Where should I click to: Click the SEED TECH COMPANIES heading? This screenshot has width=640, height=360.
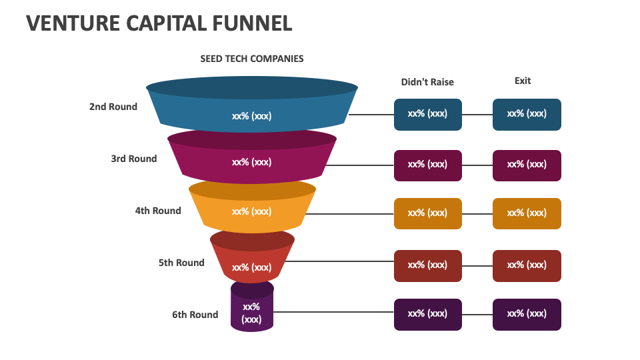(252, 59)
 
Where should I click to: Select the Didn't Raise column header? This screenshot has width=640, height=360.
(427, 82)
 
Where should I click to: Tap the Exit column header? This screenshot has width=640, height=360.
(523, 81)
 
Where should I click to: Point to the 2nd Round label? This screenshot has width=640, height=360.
(113, 107)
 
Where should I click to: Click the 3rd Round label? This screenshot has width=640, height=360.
(134, 159)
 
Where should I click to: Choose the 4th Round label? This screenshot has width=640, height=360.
(158, 211)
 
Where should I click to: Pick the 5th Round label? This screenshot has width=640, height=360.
(181, 263)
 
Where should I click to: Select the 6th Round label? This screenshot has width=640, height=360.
(195, 315)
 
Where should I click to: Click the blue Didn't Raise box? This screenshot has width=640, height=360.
(427, 114)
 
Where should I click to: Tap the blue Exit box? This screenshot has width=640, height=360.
(527, 114)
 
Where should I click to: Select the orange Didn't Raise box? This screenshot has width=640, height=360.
(427, 213)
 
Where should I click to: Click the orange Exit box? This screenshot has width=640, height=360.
(527, 213)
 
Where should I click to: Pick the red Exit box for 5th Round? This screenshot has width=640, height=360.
(527, 265)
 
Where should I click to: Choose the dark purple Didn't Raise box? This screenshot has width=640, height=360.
(427, 314)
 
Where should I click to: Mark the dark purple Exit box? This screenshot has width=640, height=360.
(527, 314)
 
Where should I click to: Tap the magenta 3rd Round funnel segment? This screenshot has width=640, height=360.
(252, 162)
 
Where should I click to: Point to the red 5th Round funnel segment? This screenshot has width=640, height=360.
(252, 263)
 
